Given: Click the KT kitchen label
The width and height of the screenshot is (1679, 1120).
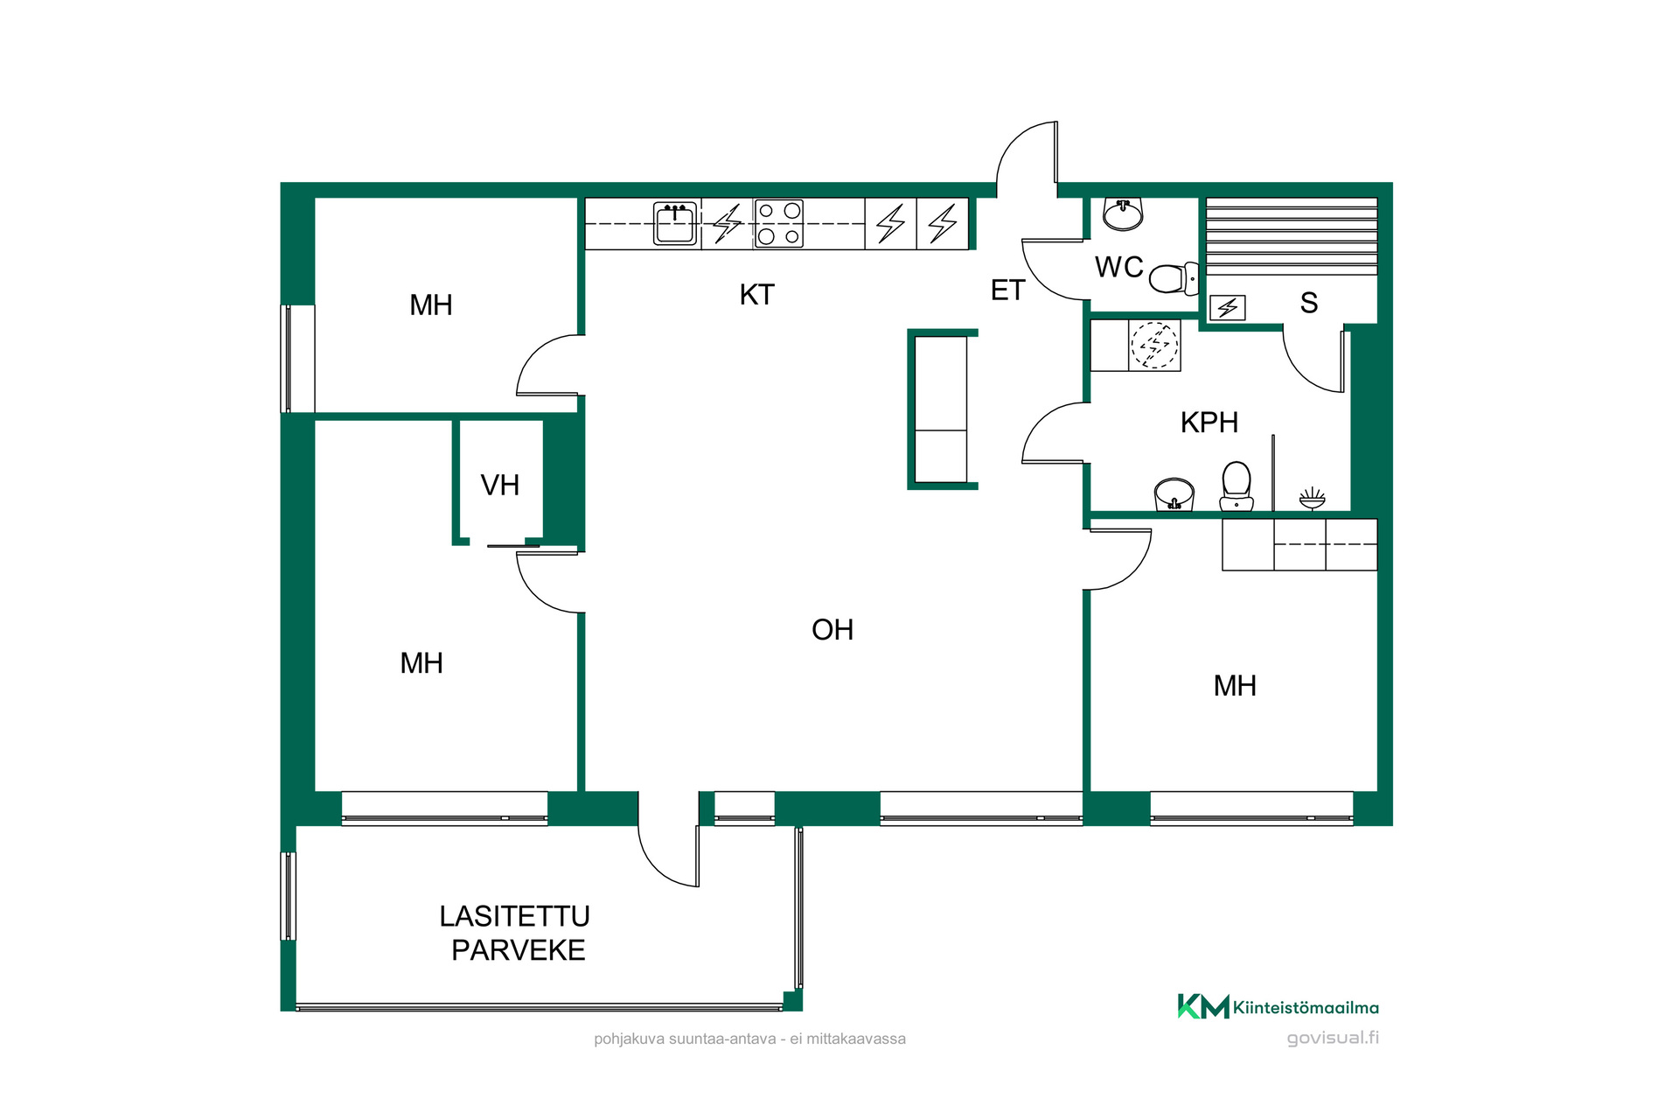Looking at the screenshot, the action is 756,295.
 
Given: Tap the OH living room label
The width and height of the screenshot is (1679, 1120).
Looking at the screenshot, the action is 833,630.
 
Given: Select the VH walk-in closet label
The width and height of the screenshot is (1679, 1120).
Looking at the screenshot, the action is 500,485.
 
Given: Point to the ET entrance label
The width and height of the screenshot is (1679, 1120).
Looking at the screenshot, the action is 1007,290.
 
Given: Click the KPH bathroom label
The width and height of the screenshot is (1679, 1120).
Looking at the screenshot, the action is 1209,423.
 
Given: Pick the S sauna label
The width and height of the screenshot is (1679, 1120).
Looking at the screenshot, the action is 1309,303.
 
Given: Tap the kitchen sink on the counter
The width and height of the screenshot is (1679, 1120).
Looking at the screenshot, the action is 675,223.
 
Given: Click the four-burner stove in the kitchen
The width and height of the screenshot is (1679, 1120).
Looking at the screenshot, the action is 779,223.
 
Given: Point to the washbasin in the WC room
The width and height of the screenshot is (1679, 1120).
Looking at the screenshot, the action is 1123,213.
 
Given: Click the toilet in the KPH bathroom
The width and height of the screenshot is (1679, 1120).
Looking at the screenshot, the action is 1237,486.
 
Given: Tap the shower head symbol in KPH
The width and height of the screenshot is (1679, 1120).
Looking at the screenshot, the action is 1312,498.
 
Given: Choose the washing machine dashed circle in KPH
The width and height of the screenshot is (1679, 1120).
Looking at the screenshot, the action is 1154,345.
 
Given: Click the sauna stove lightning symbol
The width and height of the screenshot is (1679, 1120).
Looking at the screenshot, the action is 1228,308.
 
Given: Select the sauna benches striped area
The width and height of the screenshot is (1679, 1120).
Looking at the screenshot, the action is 1292,236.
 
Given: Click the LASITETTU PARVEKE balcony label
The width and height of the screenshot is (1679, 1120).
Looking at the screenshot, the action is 516,934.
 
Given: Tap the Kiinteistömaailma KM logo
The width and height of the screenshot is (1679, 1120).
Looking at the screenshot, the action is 1278,1007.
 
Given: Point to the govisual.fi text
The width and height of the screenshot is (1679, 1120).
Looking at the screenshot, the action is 1333,1038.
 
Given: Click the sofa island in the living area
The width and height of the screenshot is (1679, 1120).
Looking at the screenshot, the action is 942,409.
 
